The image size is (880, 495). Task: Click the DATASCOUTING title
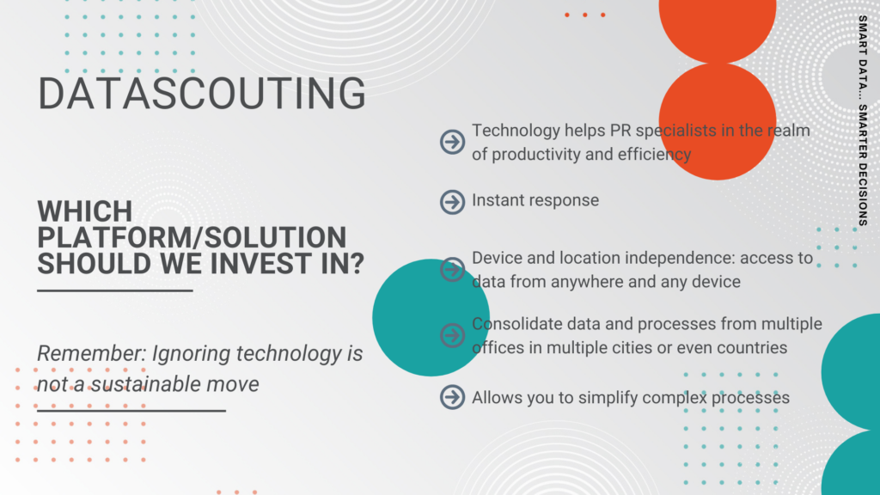point(201,93)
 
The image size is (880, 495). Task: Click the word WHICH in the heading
point(85,211)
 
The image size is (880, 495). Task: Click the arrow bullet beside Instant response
point(452,202)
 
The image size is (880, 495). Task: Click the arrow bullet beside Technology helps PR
point(452,142)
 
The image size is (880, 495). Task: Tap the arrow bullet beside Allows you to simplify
point(452,397)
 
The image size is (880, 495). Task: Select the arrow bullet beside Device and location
point(452,269)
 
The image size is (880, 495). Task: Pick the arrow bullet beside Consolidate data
point(452,336)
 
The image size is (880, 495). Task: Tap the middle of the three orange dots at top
point(584,15)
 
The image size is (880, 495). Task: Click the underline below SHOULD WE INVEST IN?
point(115,290)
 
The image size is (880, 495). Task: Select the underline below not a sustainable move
point(131,411)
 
